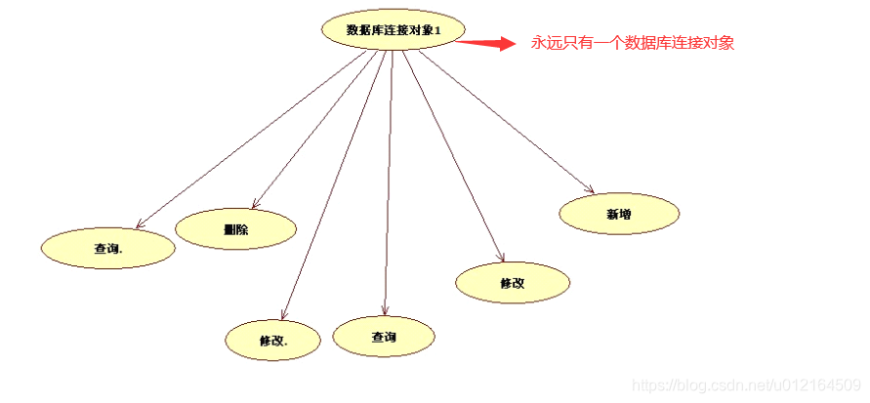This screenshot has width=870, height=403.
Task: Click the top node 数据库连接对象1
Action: tap(393, 30)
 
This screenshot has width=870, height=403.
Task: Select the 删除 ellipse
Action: tap(235, 229)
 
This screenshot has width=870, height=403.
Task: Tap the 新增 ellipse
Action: tap(619, 214)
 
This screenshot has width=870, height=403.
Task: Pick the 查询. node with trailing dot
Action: tap(107, 248)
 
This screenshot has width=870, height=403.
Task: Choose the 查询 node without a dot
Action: tap(384, 337)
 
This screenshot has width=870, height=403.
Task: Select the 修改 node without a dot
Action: tap(513, 283)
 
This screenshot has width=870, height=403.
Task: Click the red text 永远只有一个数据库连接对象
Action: tap(632, 43)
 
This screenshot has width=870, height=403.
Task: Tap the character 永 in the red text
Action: tap(538, 43)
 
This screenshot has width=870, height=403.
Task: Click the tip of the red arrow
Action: tap(513, 43)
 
